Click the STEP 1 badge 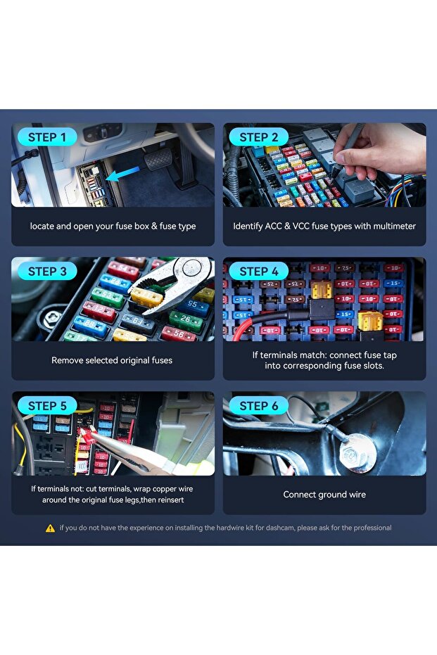coord(47,137)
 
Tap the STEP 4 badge coord(258,271)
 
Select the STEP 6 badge coord(258,406)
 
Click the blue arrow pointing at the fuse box coord(123,173)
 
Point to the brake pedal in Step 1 coord(158,159)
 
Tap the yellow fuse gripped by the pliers coord(146,297)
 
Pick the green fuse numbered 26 coord(186,320)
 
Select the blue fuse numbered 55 coord(193,305)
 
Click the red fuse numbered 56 coord(179,333)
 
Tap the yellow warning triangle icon coord(50,528)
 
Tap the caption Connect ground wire coord(324,495)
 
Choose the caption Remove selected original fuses coord(112,360)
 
